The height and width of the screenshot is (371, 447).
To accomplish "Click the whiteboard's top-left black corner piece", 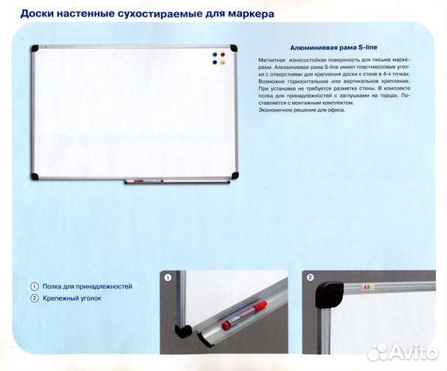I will point(33,48).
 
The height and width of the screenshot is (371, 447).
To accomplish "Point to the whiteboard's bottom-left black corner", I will point(34,177).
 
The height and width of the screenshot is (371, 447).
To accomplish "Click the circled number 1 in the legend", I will point(34,286).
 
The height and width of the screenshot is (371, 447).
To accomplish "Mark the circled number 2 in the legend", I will point(34,298).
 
